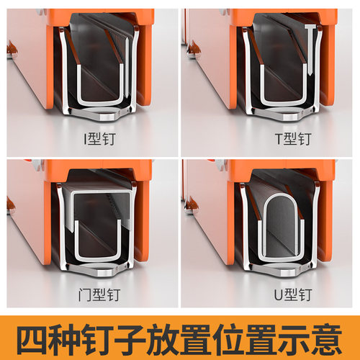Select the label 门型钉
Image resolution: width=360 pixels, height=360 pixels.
click(94, 294)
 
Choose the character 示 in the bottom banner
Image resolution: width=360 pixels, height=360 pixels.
click(292, 336)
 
